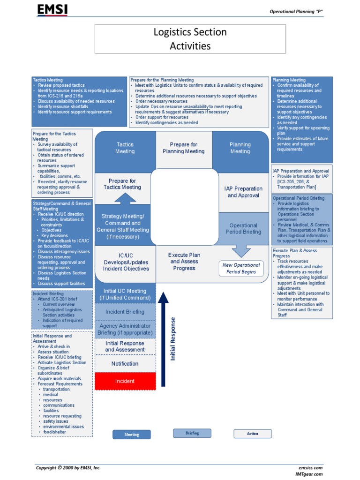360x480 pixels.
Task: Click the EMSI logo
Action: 52,10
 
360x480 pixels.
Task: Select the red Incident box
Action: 125,381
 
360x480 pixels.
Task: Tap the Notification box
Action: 125,364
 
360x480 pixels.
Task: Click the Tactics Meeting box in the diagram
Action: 125,148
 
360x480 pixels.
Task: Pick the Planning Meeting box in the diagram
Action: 240,148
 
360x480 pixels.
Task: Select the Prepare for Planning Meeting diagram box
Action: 184,148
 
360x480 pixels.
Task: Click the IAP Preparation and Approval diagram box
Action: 242,192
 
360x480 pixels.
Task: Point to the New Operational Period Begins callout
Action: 241,269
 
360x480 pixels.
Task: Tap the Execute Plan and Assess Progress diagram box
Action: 185,262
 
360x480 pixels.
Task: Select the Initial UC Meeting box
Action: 125,294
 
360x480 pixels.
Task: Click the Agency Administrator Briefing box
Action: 125,329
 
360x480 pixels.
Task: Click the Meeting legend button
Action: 132,435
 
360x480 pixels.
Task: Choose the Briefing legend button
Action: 192,433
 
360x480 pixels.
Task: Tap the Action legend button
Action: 253,434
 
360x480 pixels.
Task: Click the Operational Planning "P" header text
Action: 296,11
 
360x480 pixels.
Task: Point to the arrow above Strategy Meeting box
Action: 125,198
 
